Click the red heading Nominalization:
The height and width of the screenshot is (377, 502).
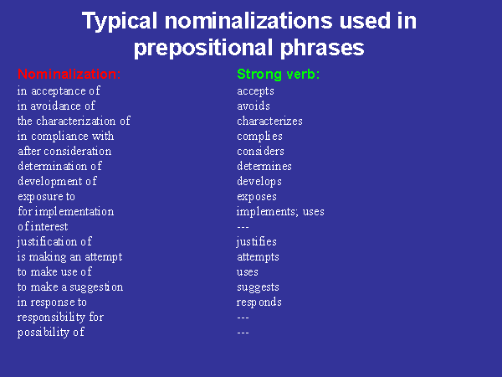pyautogui.click(x=69, y=74)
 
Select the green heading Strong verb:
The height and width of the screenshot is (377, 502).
pyautogui.click(x=279, y=74)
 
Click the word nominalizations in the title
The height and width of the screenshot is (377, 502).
pyautogui.click(x=248, y=20)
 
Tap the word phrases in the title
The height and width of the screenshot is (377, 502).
pyautogui.click(x=322, y=48)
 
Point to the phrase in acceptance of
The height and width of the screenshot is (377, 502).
pyautogui.click(x=59, y=90)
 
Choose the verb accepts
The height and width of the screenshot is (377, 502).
pyautogui.click(x=255, y=91)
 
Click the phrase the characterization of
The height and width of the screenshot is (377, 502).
pyautogui.click(x=74, y=121)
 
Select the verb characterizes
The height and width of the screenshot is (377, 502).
pyautogui.click(x=269, y=121)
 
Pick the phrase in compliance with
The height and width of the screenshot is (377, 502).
pyautogui.click(x=65, y=136)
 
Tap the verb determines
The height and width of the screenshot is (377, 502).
pyautogui.click(x=264, y=166)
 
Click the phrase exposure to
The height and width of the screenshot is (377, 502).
pyautogui.click(x=46, y=197)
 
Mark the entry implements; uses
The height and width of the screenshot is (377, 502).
pyautogui.click(x=280, y=212)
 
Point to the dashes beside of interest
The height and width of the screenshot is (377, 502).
pyautogui.click(x=243, y=227)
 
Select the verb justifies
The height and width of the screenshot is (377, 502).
pyautogui.click(x=257, y=242)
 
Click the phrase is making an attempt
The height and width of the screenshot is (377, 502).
pyautogui.click(x=69, y=257)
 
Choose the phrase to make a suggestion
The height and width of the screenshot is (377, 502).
pyautogui.click(x=70, y=287)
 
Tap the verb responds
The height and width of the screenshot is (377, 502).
pyautogui.click(x=259, y=302)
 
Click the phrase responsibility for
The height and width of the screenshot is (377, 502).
pyautogui.click(x=60, y=317)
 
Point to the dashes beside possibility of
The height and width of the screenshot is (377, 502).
pyautogui.click(x=243, y=333)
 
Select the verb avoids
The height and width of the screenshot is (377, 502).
pyautogui.click(x=254, y=106)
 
